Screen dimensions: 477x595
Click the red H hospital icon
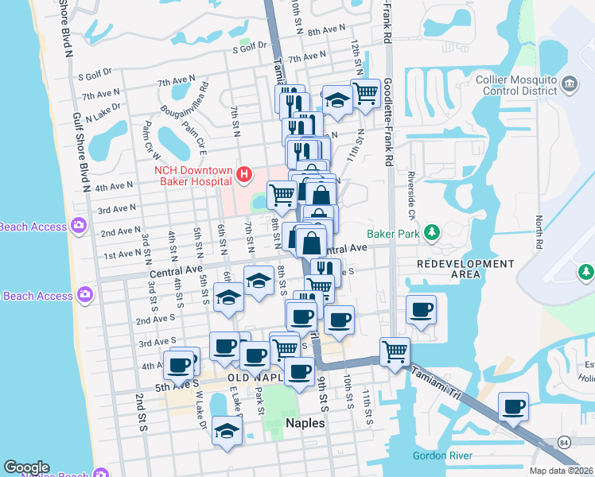[x=245, y=173]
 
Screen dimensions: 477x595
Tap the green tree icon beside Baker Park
[x=432, y=232]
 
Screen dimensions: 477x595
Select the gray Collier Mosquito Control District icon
[x=570, y=84]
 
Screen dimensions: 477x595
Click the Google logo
[x=26, y=467]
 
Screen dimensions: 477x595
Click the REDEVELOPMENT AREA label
[x=449, y=268]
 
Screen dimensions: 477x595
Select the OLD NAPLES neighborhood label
[x=255, y=377]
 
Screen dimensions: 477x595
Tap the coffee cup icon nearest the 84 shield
[x=513, y=407]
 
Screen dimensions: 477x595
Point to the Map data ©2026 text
[x=561, y=471]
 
